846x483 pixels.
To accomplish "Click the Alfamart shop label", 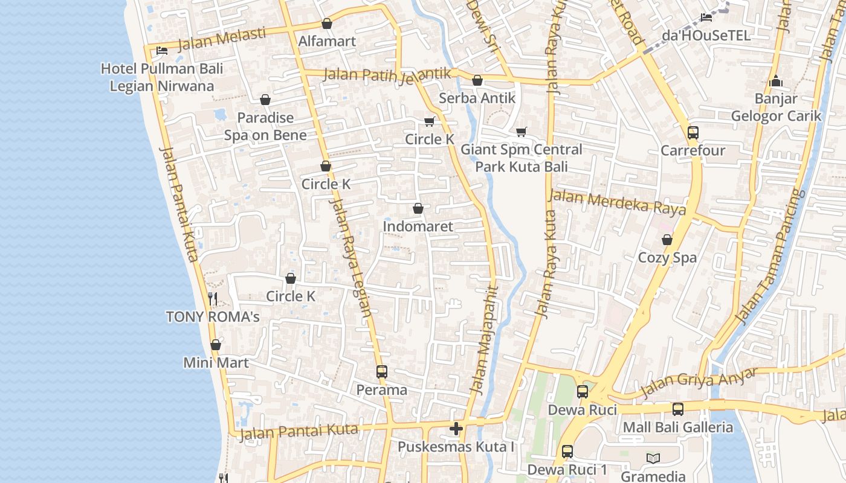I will point(327,41).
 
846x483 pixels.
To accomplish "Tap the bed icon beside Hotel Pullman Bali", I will point(161,51).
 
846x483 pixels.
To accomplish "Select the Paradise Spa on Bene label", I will point(265,126).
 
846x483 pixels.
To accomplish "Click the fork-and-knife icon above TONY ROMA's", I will point(212,298).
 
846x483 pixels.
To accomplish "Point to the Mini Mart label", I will point(216,363).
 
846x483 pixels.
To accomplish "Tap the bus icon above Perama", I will point(381,371).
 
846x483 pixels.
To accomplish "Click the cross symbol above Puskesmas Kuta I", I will point(456,429).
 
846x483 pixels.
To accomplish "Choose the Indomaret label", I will point(418,226).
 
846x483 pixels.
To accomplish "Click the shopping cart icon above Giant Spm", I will point(521,132).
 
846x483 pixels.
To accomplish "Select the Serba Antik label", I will point(477,98).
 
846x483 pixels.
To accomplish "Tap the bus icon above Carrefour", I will point(693,133).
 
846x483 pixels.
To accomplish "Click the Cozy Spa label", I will point(667,258).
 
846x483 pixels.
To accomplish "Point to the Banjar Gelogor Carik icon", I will point(776,81).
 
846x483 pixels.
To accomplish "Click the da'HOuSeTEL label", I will point(706,35).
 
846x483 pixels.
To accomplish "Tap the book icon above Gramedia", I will point(653,458).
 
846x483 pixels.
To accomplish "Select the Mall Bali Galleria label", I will point(677,427).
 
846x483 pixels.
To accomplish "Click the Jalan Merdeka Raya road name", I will point(616,202).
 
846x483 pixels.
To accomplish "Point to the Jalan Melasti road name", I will point(222,39).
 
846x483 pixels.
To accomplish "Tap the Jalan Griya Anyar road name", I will point(698,382).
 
